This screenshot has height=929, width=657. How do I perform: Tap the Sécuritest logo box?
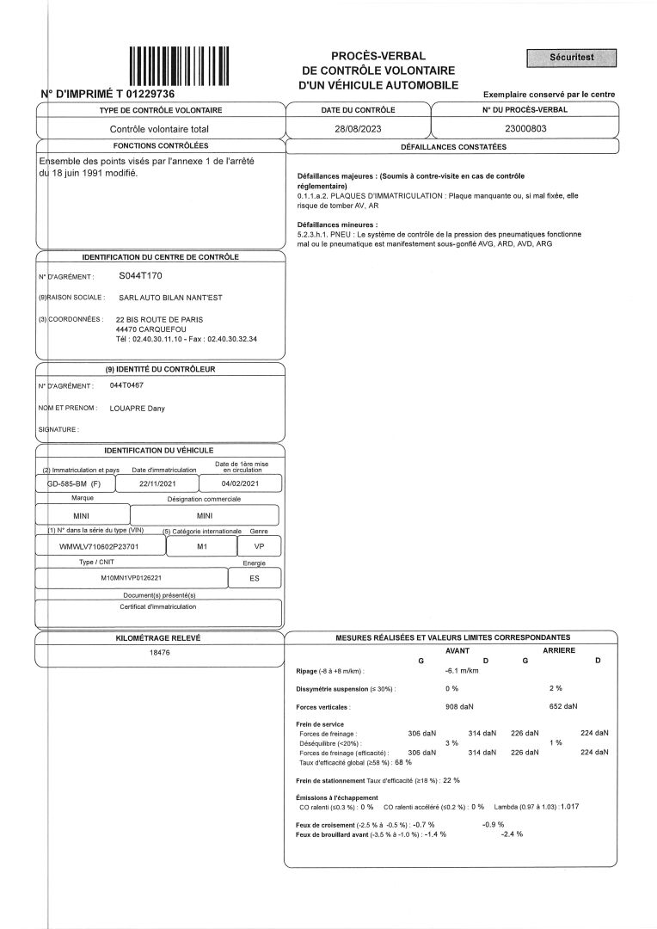[x=572, y=58]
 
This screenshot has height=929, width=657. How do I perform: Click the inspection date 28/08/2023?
[x=357, y=128]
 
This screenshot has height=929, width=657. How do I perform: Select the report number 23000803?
[x=525, y=128]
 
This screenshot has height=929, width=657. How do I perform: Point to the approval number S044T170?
[x=140, y=276]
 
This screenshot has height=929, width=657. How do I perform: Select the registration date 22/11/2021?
[x=161, y=485]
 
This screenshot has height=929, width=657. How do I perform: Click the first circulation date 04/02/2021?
[x=239, y=485]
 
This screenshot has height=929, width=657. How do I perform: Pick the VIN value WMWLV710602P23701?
[x=99, y=546]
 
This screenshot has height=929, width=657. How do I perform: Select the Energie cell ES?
[x=255, y=578]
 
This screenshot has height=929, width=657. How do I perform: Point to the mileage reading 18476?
[x=160, y=654]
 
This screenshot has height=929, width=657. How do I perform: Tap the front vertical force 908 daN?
[x=459, y=706]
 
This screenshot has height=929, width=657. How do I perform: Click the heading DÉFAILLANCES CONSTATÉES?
[x=453, y=146]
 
